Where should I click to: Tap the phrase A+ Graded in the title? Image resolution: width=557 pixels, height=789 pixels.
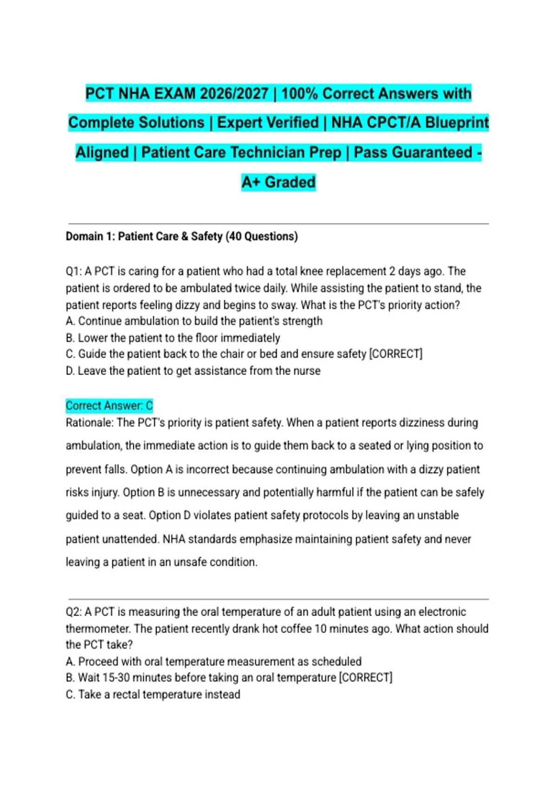[278, 182]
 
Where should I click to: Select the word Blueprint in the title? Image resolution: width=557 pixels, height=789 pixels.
[457, 123]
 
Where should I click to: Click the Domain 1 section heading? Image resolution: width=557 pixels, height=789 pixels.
[181, 236]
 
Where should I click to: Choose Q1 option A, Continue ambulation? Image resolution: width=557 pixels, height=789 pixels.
[194, 321]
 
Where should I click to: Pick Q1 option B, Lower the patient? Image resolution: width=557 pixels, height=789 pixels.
[173, 338]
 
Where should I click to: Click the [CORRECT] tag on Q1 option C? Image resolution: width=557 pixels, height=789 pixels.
[395, 354]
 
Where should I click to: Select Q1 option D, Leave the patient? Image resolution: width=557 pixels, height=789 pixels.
[193, 371]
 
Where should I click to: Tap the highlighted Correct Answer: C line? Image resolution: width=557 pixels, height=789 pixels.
[109, 406]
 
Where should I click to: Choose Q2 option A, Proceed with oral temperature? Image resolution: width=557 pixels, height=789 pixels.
[214, 661]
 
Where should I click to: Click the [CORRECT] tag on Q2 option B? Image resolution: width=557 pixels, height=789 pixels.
[366, 678]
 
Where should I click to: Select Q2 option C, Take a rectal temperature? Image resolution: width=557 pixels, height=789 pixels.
[153, 694]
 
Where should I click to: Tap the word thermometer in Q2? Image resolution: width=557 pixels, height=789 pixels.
[98, 629]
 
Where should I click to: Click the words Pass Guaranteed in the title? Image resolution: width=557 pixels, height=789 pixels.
[413, 152]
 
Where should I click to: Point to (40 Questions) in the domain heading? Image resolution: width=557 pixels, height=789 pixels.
[262, 236]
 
